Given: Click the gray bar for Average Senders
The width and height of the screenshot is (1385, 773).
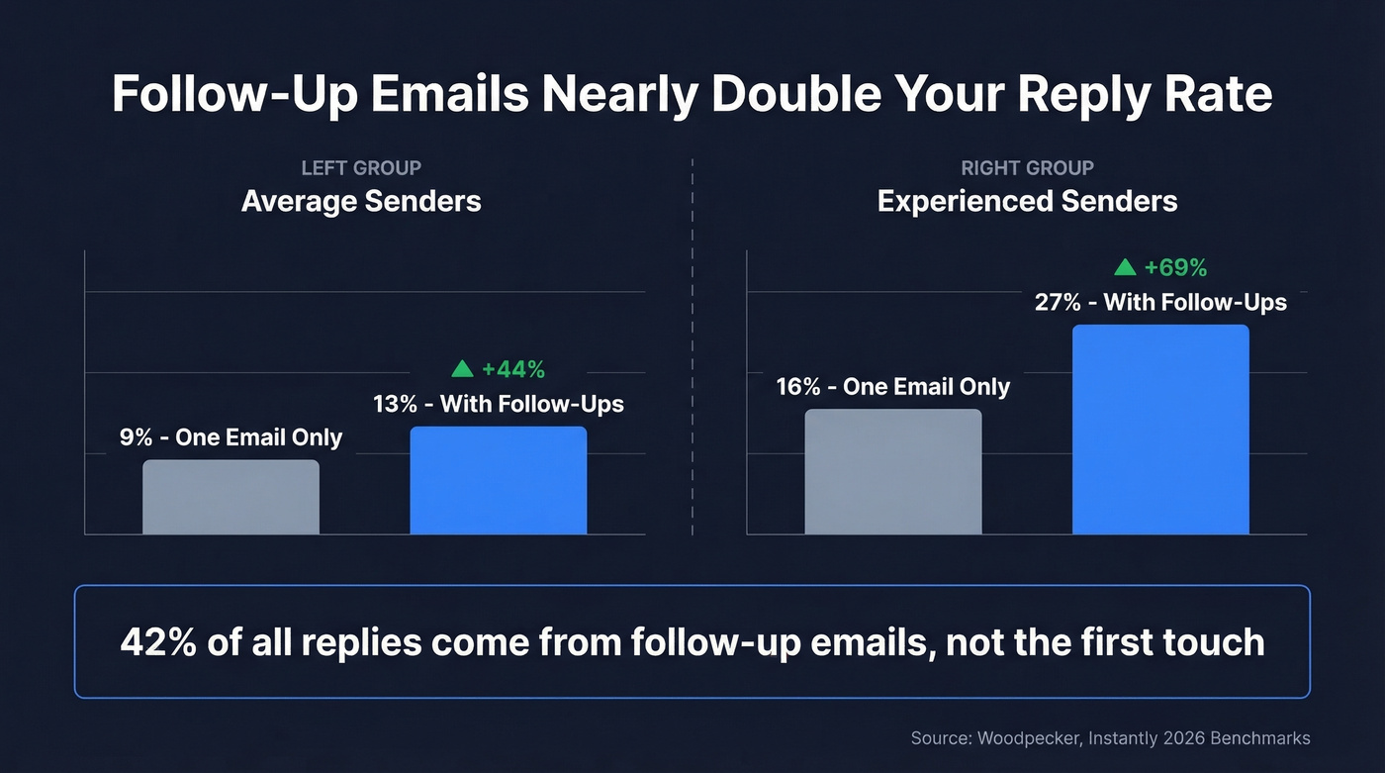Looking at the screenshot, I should click(x=231, y=497).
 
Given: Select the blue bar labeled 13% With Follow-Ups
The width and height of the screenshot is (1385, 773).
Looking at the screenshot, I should click(x=498, y=481).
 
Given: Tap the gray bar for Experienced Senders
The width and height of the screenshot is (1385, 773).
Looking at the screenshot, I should click(x=892, y=472).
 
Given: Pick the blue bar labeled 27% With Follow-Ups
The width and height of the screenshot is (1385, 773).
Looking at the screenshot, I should click(x=1160, y=430).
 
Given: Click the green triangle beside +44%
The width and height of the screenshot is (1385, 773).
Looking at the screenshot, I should click(x=462, y=369).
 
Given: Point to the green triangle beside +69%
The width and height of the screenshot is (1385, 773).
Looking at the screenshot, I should click(x=1125, y=267).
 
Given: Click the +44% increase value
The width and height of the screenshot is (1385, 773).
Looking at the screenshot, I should click(x=513, y=370).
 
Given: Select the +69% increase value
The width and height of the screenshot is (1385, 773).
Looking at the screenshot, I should click(x=1175, y=268).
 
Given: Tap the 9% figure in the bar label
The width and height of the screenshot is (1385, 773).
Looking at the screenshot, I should click(x=136, y=437).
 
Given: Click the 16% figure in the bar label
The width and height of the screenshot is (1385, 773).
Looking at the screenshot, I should click(x=798, y=387).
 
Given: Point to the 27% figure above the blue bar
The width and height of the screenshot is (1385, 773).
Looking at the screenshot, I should click(x=1058, y=303).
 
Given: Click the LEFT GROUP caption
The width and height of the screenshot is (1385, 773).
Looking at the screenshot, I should click(x=361, y=168).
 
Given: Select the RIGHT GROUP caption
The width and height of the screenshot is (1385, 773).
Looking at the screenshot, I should click(x=1027, y=168).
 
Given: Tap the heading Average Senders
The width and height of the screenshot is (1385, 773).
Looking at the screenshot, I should click(x=361, y=202).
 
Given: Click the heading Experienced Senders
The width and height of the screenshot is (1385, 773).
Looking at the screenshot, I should click(x=1027, y=202).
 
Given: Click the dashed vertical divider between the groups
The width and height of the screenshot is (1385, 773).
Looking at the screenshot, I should click(x=692, y=346).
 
